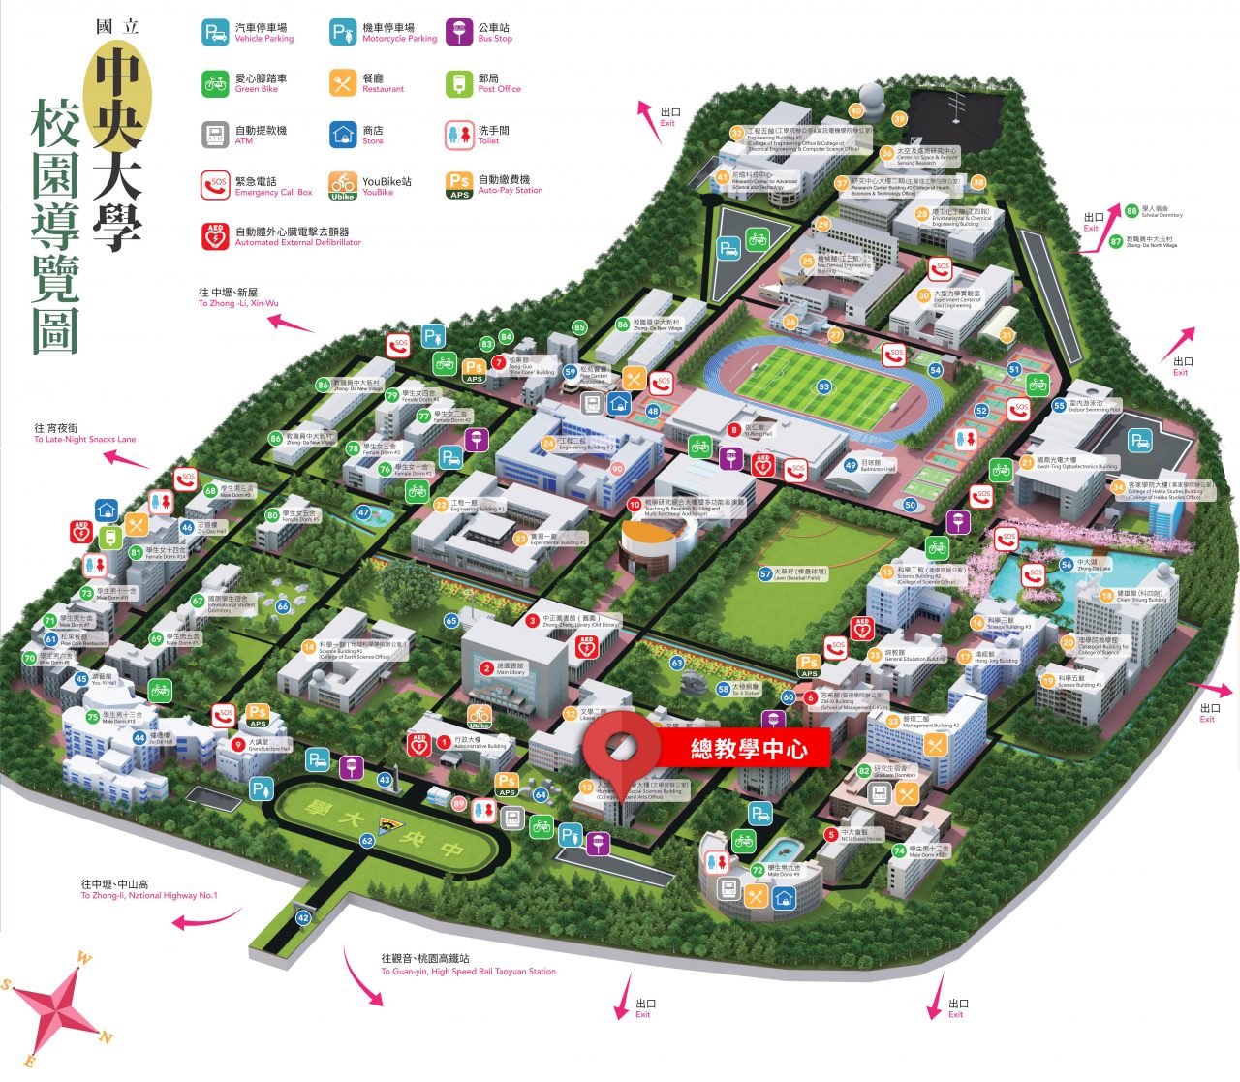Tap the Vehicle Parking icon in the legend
(215, 33)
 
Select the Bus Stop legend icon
(459, 33)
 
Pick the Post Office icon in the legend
(459, 83)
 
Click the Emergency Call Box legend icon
(215, 186)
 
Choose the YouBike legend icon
(343, 186)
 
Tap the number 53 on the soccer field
(823, 387)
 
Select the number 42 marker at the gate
(303, 917)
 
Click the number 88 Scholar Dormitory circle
(1131, 211)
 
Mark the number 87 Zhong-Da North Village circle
(1116, 241)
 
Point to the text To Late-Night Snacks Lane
(85, 440)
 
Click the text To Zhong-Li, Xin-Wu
(238, 303)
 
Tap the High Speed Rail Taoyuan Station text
(469, 972)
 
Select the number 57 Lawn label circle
(765, 574)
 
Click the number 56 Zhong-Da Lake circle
(1067, 564)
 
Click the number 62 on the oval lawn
(367, 841)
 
